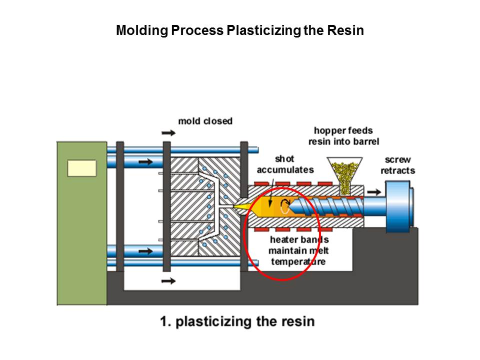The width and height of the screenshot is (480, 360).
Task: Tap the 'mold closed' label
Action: (205, 121)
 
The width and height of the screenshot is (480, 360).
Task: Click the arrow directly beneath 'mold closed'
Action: (169, 133)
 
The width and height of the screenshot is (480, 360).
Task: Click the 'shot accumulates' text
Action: (285, 164)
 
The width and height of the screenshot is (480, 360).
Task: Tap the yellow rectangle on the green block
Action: (81, 168)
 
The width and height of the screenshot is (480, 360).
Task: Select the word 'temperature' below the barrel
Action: (298, 261)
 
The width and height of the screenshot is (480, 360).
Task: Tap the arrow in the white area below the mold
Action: (169, 281)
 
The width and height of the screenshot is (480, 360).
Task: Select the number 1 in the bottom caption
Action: (163, 321)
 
